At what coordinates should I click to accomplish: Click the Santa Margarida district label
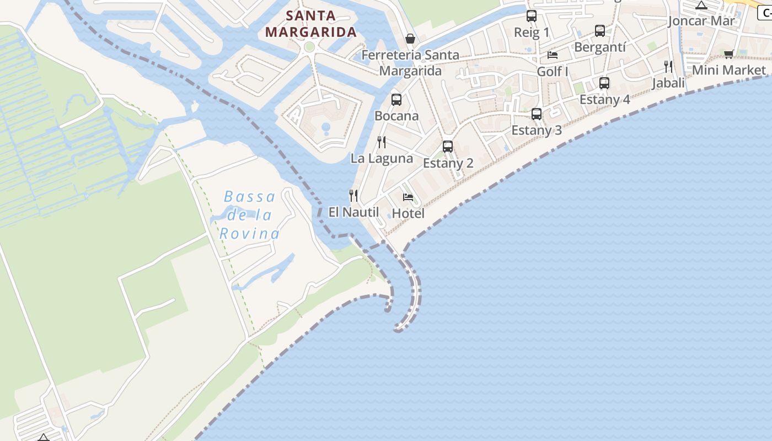click(311, 24)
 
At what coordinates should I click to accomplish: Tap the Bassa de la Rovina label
click(250, 215)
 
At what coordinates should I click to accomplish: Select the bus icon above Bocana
click(396, 100)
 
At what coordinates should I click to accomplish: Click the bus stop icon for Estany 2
click(448, 147)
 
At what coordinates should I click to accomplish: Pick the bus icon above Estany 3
click(537, 114)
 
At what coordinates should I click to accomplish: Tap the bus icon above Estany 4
click(604, 83)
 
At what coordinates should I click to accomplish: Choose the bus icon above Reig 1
click(532, 16)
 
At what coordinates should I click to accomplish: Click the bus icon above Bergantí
click(600, 31)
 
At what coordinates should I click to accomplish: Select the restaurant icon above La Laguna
click(382, 142)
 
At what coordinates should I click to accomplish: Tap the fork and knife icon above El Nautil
click(353, 196)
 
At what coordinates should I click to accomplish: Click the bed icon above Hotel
click(408, 197)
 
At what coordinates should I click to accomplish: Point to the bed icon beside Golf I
click(552, 55)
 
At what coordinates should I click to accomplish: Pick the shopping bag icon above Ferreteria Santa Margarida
click(410, 39)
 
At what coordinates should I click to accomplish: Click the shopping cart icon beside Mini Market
click(729, 54)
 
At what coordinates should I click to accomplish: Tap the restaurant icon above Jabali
click(668, 67)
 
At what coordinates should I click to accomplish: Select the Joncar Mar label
click(701, 21)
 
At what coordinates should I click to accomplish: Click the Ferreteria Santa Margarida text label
click(410, 63)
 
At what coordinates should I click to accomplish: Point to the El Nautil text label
click(353, 212)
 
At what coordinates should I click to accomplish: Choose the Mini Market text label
click(729, 70)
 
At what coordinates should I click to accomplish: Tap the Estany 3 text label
click(537, 130)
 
